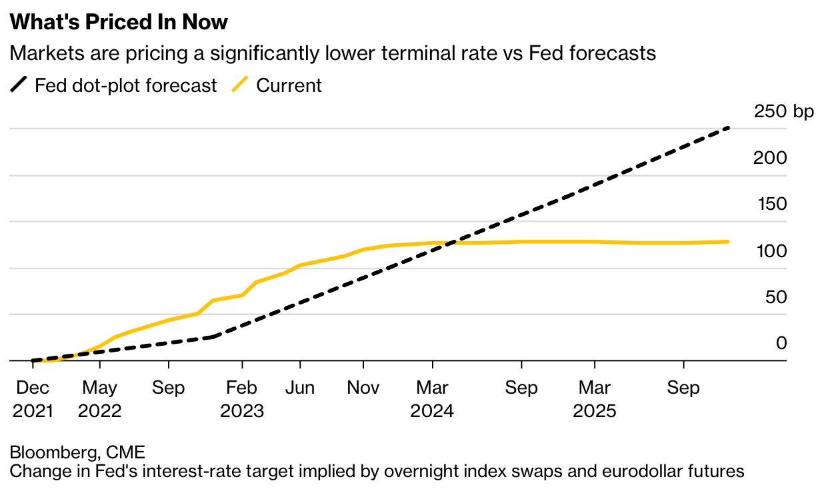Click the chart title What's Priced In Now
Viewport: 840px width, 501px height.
click(x=119, y=22)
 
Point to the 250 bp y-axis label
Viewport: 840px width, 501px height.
click(x=784, y=111)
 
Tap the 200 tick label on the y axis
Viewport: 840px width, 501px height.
click(x=771, y=158)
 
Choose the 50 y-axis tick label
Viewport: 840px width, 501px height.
click(x=775, y=296)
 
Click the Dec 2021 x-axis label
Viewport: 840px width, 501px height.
click(x=32, y=399)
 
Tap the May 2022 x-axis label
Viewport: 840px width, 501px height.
click(x=99, y=399)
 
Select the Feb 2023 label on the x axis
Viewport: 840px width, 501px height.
click(x=242, y=399)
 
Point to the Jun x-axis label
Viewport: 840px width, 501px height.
click(x=300, y=388)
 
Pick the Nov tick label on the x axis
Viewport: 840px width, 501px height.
click(x=363, y=388)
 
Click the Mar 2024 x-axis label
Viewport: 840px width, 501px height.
click(x=433, y=399)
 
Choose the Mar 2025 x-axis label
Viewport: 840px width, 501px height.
click(x=595, y=399)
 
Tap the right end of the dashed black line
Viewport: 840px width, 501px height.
click(x=728, y=128)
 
